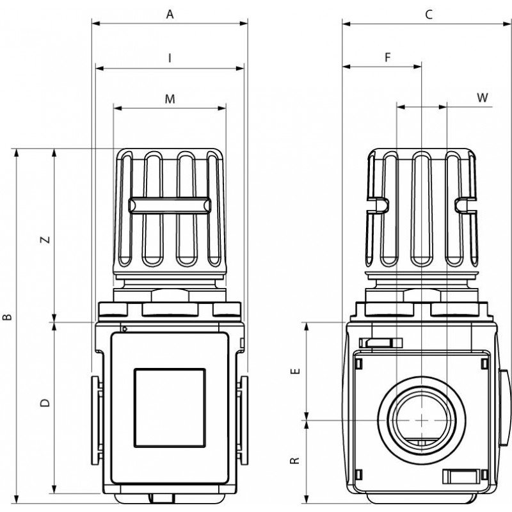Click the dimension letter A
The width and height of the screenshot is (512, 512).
(x=170, y=14)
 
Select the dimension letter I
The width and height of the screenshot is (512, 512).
(x=170, y=58)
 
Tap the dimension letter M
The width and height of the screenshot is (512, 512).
(x=170, y=99)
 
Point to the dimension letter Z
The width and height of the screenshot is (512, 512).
(x=45, y=239)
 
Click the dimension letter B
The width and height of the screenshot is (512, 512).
(x=8, y=316)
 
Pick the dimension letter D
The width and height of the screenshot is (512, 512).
(x=45, y=403)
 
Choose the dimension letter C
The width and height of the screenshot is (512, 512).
(x=429, y=14)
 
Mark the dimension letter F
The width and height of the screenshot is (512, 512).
(x=388, y=58)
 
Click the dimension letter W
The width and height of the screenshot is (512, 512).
(x=483, y=97)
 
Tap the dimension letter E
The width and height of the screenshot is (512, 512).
(x=295, y=371)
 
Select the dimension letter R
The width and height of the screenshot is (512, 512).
(x=295, y=460)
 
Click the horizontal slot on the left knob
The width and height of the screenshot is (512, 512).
(x=170, y=205)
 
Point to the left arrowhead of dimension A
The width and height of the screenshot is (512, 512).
(x=96, y=23)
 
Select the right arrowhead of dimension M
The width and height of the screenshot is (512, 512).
(x=222, y=108)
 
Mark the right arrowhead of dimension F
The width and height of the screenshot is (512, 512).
(x=417, y=67)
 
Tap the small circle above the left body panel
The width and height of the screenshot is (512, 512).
(x=124, y=329)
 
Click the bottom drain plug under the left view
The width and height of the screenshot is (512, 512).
(x=162, y=499)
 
